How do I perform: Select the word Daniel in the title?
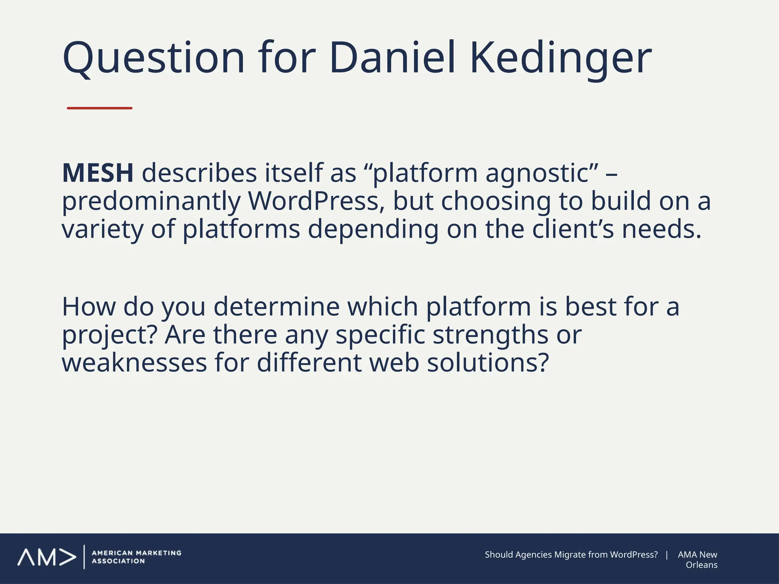coord(392,58)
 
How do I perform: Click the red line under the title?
coord(99,108)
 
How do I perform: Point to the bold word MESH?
coord(98,173)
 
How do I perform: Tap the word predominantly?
coord(151,202)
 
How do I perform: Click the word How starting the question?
coord(89,306)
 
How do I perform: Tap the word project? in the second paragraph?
coord(110,335)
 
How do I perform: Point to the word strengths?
coord(491,335)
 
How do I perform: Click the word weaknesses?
coord(134,363)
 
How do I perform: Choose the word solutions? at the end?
coord(488,363)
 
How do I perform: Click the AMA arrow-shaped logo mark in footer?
coord(47,557)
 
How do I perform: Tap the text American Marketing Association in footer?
coord(137,557)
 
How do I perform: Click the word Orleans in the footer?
coord(701,565)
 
